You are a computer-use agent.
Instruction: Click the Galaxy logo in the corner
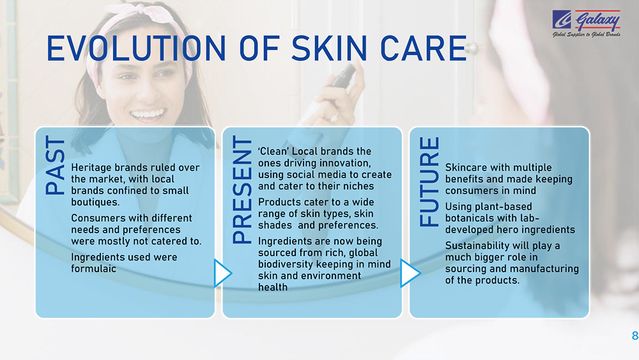pos(587,23)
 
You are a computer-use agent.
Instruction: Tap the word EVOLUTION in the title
pos(136,49)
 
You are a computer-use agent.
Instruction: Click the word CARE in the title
pos(424,49)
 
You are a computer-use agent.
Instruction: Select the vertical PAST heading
pos(55,165)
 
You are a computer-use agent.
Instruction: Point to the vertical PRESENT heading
pos(242,190)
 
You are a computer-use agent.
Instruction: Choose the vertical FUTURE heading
pos(429,182)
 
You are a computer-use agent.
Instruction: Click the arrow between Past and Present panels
pos(223,273)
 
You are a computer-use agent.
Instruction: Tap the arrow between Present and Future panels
pos(410,273)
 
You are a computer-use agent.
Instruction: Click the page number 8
pos(635,336)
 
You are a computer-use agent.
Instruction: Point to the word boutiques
pos(95,202)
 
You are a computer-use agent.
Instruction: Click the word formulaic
pos(93,269)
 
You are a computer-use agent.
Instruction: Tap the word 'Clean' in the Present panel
pos(273,152)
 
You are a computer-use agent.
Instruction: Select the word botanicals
pos(468,218)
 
